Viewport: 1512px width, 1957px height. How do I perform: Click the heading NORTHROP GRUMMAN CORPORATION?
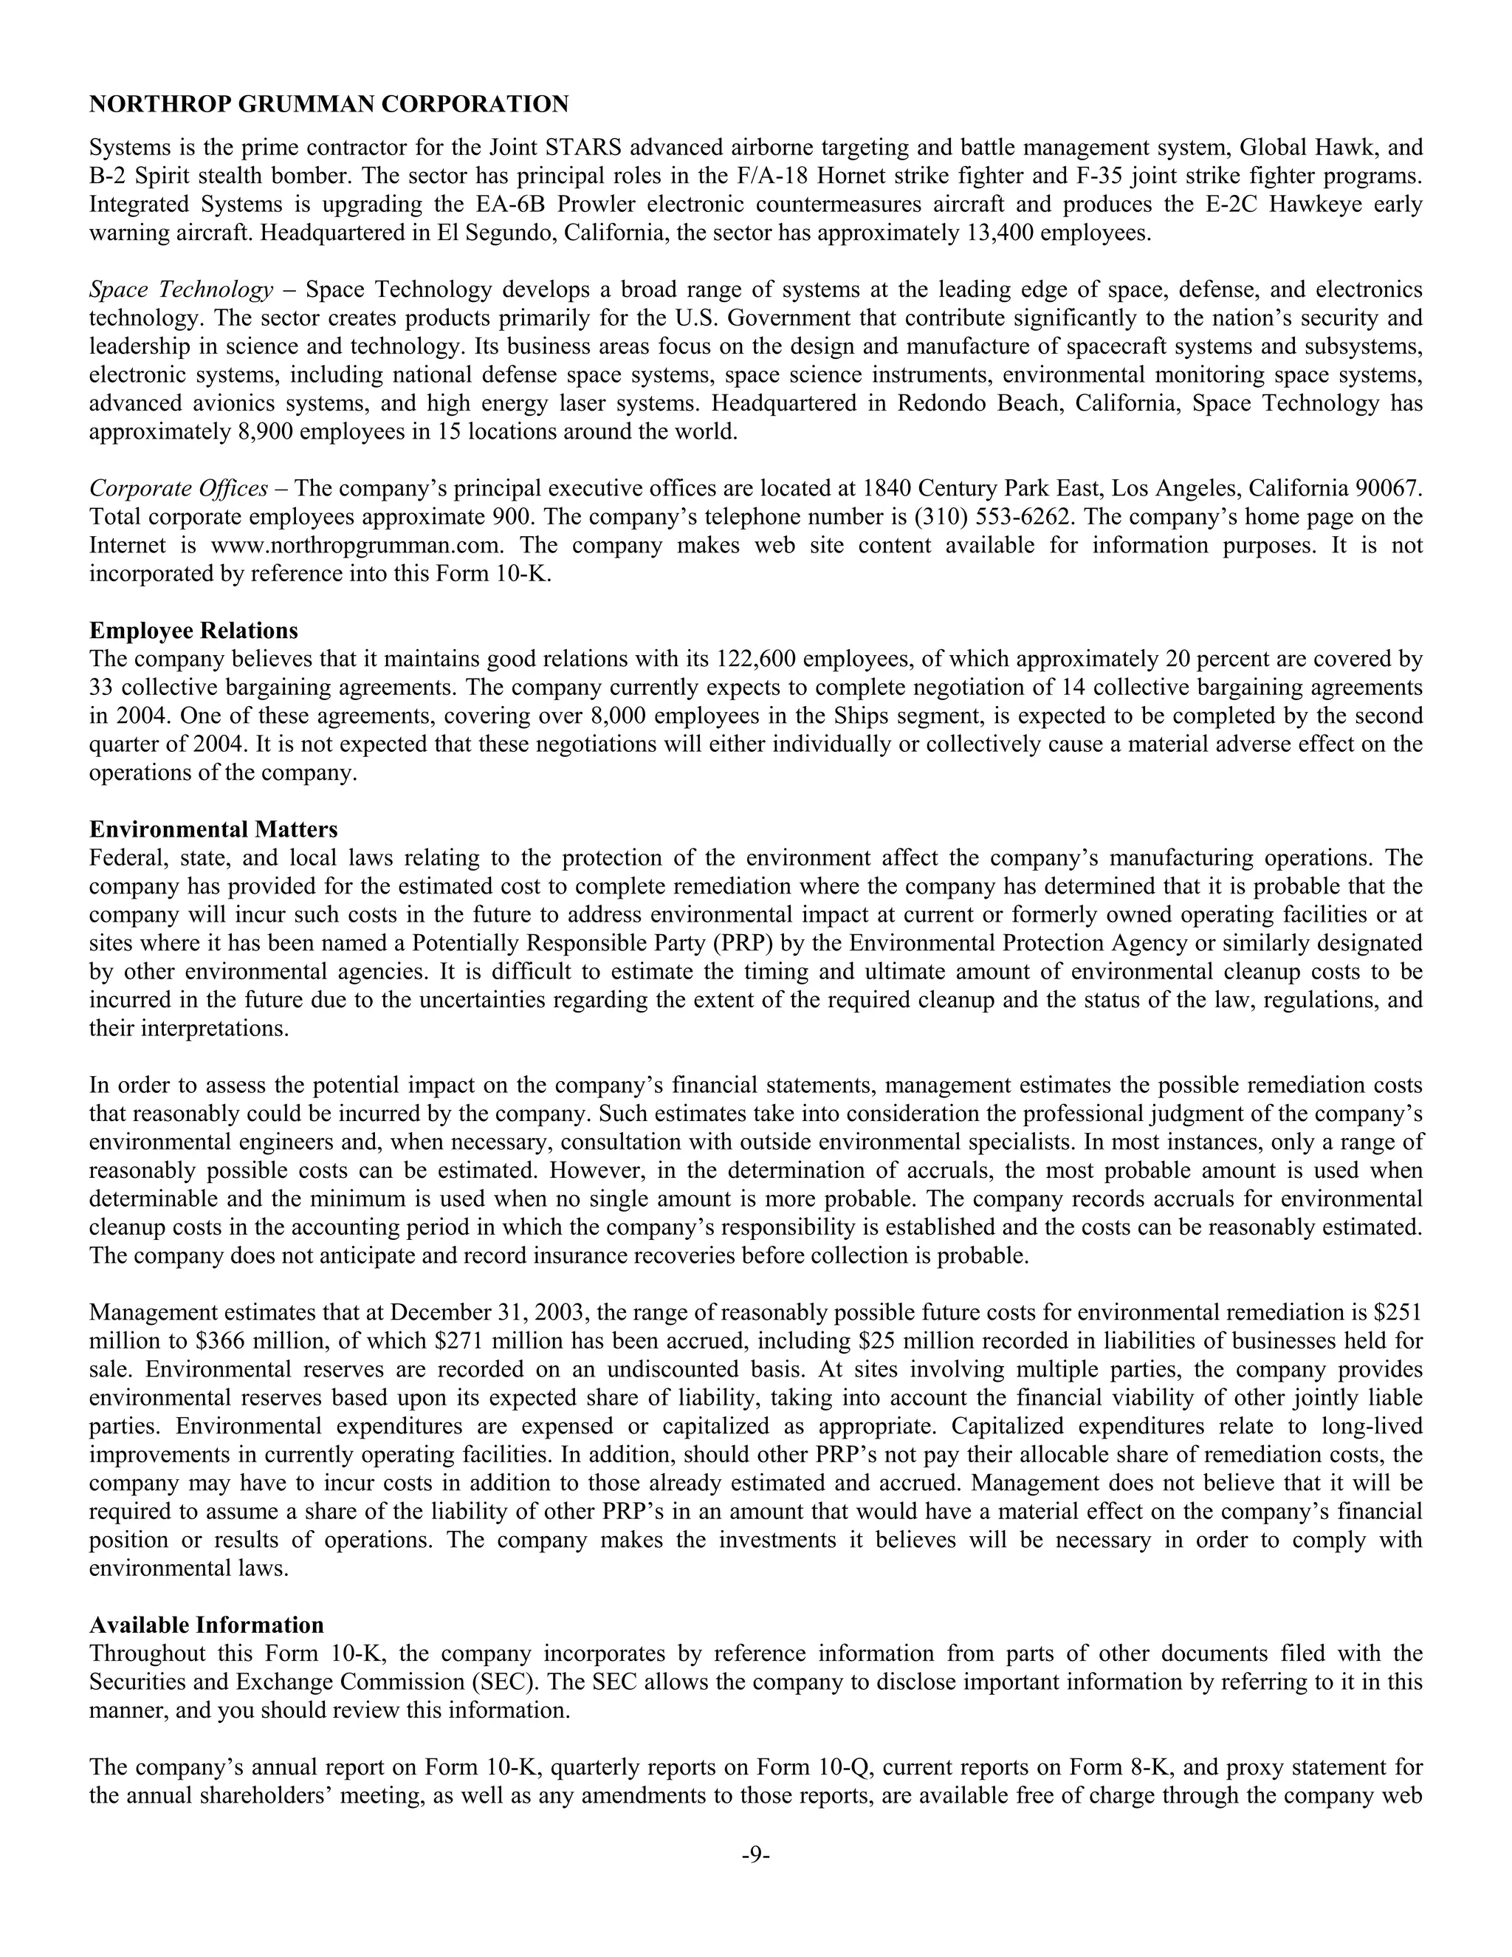pos(329,105)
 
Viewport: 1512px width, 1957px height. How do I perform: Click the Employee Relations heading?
pos(193,631)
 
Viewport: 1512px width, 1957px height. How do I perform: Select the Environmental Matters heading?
pos(213,830)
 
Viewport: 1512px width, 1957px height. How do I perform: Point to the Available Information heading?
pos(206,1625)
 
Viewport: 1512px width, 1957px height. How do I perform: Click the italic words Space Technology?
pos(181,289)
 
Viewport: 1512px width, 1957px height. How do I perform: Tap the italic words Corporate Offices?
pos(178,488)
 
